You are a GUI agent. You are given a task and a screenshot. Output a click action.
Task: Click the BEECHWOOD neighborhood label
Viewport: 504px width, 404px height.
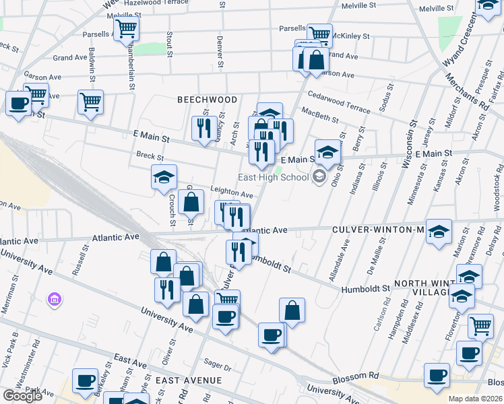click(x=207, y=100)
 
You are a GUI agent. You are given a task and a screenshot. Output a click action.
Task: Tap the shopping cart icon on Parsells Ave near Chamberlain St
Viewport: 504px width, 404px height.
click(x=125, y=30)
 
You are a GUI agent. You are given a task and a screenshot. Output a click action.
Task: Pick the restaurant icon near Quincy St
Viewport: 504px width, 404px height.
click(x=203, y=128)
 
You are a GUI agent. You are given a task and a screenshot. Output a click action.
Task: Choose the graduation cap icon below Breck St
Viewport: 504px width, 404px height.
click(x=164, y=177)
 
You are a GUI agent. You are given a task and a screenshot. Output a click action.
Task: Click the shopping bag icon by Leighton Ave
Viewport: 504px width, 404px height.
click(x=191, y=201)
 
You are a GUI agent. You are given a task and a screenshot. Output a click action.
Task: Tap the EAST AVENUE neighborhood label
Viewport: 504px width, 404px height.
click(x=188, y=381)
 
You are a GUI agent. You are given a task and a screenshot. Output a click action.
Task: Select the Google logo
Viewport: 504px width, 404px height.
click(x=22, y=395)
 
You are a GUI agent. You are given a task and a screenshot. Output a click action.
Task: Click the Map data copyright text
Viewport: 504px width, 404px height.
click(x=475, y=399)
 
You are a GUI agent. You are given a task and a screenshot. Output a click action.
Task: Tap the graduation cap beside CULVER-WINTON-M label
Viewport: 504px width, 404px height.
click(x=439, y=232)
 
